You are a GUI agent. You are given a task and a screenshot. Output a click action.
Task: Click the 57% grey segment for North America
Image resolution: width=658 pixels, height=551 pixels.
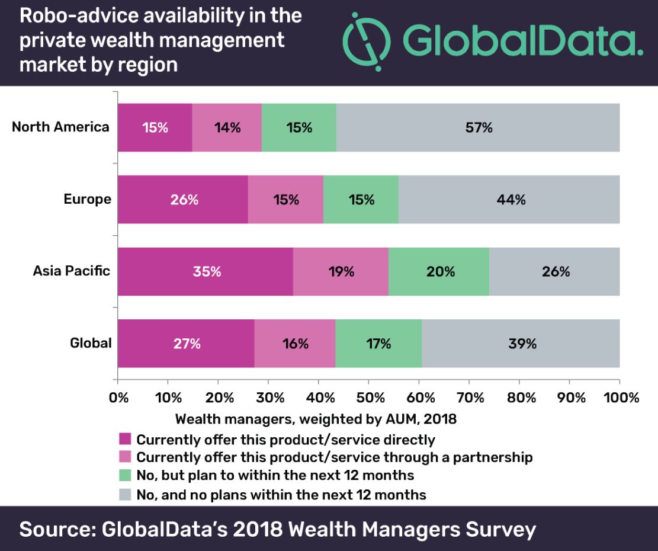[478, 127]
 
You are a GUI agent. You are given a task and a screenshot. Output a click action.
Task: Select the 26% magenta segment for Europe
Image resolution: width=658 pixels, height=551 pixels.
[183, 199]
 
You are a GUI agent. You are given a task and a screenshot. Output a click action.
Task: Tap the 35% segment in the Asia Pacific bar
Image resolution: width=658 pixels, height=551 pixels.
[206, 271]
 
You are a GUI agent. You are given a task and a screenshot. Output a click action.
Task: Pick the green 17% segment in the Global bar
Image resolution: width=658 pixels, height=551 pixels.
[378, 344]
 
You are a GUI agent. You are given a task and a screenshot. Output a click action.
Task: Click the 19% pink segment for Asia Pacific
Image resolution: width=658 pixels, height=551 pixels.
[341, 271]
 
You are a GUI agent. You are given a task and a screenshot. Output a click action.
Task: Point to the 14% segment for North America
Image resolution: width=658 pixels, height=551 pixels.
[227, 127]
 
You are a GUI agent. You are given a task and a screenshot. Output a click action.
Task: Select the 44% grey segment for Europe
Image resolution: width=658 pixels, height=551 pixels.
[509, 199]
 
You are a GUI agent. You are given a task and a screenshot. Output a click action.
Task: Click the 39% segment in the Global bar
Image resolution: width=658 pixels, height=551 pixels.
[521, 344]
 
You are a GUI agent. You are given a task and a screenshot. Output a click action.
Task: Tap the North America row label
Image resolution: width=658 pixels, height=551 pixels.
[60, 127]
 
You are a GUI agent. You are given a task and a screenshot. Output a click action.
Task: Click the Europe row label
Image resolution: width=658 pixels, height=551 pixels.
[88, 199]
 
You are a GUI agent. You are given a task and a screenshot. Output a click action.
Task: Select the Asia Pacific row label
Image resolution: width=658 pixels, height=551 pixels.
[71, 271]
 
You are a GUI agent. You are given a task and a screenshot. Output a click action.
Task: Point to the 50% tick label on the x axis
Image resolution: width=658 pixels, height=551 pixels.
[370, 398]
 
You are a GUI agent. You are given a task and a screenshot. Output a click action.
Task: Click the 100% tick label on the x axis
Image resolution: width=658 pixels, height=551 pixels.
[621, 398]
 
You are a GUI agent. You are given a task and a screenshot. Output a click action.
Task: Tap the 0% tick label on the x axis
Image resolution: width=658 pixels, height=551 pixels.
[119, 398]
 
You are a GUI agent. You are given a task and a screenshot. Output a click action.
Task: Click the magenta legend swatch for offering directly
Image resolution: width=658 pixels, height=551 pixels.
[125, 439]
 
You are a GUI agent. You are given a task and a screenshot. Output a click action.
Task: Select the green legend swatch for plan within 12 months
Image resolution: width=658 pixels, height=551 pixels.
[125, 475]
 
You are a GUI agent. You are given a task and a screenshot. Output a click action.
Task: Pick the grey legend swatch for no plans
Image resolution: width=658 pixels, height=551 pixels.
[125, 494]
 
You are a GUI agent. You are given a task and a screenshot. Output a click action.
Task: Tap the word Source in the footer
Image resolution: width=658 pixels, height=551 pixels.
[58, 529]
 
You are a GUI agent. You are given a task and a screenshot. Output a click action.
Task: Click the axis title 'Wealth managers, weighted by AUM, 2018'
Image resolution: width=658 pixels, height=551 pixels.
[316, 419]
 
